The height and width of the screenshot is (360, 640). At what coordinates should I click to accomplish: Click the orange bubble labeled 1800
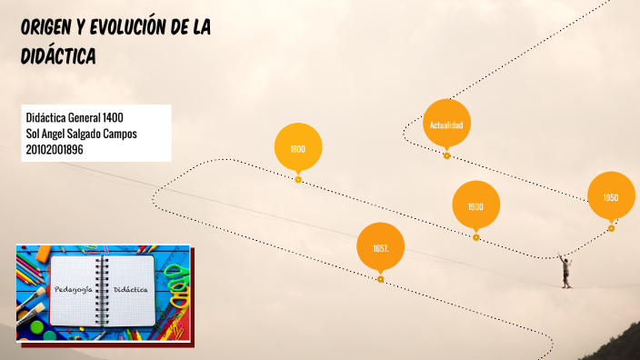point(298,148)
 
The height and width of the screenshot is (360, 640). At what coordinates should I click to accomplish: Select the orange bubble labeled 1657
point(380,247)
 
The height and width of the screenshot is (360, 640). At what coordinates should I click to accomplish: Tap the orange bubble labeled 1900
point(475,206)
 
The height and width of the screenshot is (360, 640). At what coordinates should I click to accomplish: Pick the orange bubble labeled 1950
point(611,197)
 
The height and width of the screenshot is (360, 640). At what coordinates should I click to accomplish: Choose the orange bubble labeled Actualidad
point(446,124)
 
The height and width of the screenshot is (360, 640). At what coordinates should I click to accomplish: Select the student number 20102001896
point(55,149)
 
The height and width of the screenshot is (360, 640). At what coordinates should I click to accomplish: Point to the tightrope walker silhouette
point(565,272)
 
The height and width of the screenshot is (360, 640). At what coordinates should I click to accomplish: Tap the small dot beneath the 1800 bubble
point(298,179)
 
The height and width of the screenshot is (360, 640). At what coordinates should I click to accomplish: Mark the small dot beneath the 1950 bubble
point(611,228)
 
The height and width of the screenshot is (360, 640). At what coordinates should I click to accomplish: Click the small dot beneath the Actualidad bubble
point(446,155)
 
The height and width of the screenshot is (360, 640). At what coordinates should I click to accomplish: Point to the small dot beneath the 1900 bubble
point(475,237)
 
